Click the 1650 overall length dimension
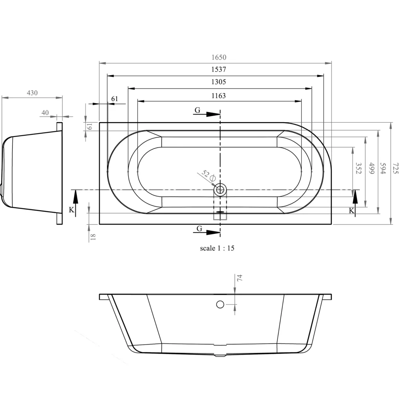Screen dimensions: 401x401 pyautogui.click(x=219, y=57)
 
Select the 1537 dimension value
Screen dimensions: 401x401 pyautogui.click(x=219, y=69)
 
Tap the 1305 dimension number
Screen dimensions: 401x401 pyautogui.click(x=219, y=82)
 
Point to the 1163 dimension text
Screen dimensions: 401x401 pyautogui.click(x=219, y=96)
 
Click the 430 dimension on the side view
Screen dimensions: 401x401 pyautogui.click(x=32, y=92)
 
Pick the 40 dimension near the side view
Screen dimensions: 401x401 pyautogui.click(x=45, y=112)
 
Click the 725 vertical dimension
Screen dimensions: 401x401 pyautogui.click(x=395, y=168)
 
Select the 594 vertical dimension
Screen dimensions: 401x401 pyautogui.click(x=383, y=168)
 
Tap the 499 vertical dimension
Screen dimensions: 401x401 pyautogui.click(x=371, y=168)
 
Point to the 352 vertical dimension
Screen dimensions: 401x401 pyautogui.click(x=358, y=168)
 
